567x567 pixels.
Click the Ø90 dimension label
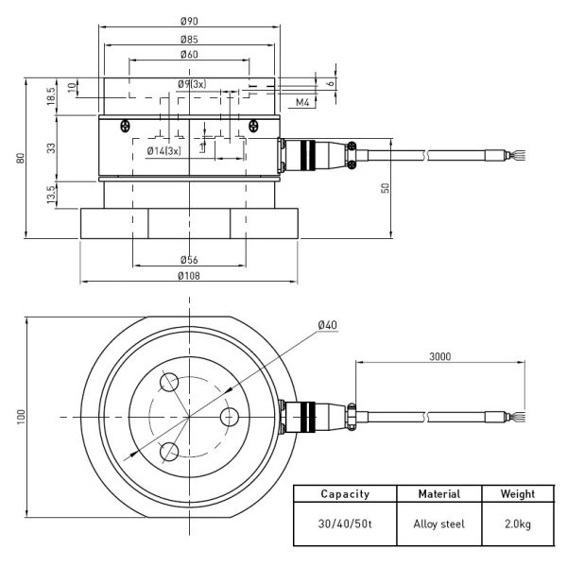point(188,21)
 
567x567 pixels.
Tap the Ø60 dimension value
point(188,56)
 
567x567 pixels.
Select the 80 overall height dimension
point(20,158)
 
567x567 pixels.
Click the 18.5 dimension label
point(51,95)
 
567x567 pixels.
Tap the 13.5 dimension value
point(51,193)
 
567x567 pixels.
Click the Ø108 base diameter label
point(188,276)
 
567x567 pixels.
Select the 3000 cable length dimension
point(438,356)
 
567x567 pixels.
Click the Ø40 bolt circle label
point(327,325)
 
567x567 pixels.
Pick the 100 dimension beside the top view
point(20,417)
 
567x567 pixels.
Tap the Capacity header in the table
point(345,493)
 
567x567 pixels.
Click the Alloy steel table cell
point(438,523)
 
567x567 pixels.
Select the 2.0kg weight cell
point(518,523)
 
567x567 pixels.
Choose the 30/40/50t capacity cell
point(345,523)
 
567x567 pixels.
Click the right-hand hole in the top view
point(228,416)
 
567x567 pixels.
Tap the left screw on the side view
point(125,126)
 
